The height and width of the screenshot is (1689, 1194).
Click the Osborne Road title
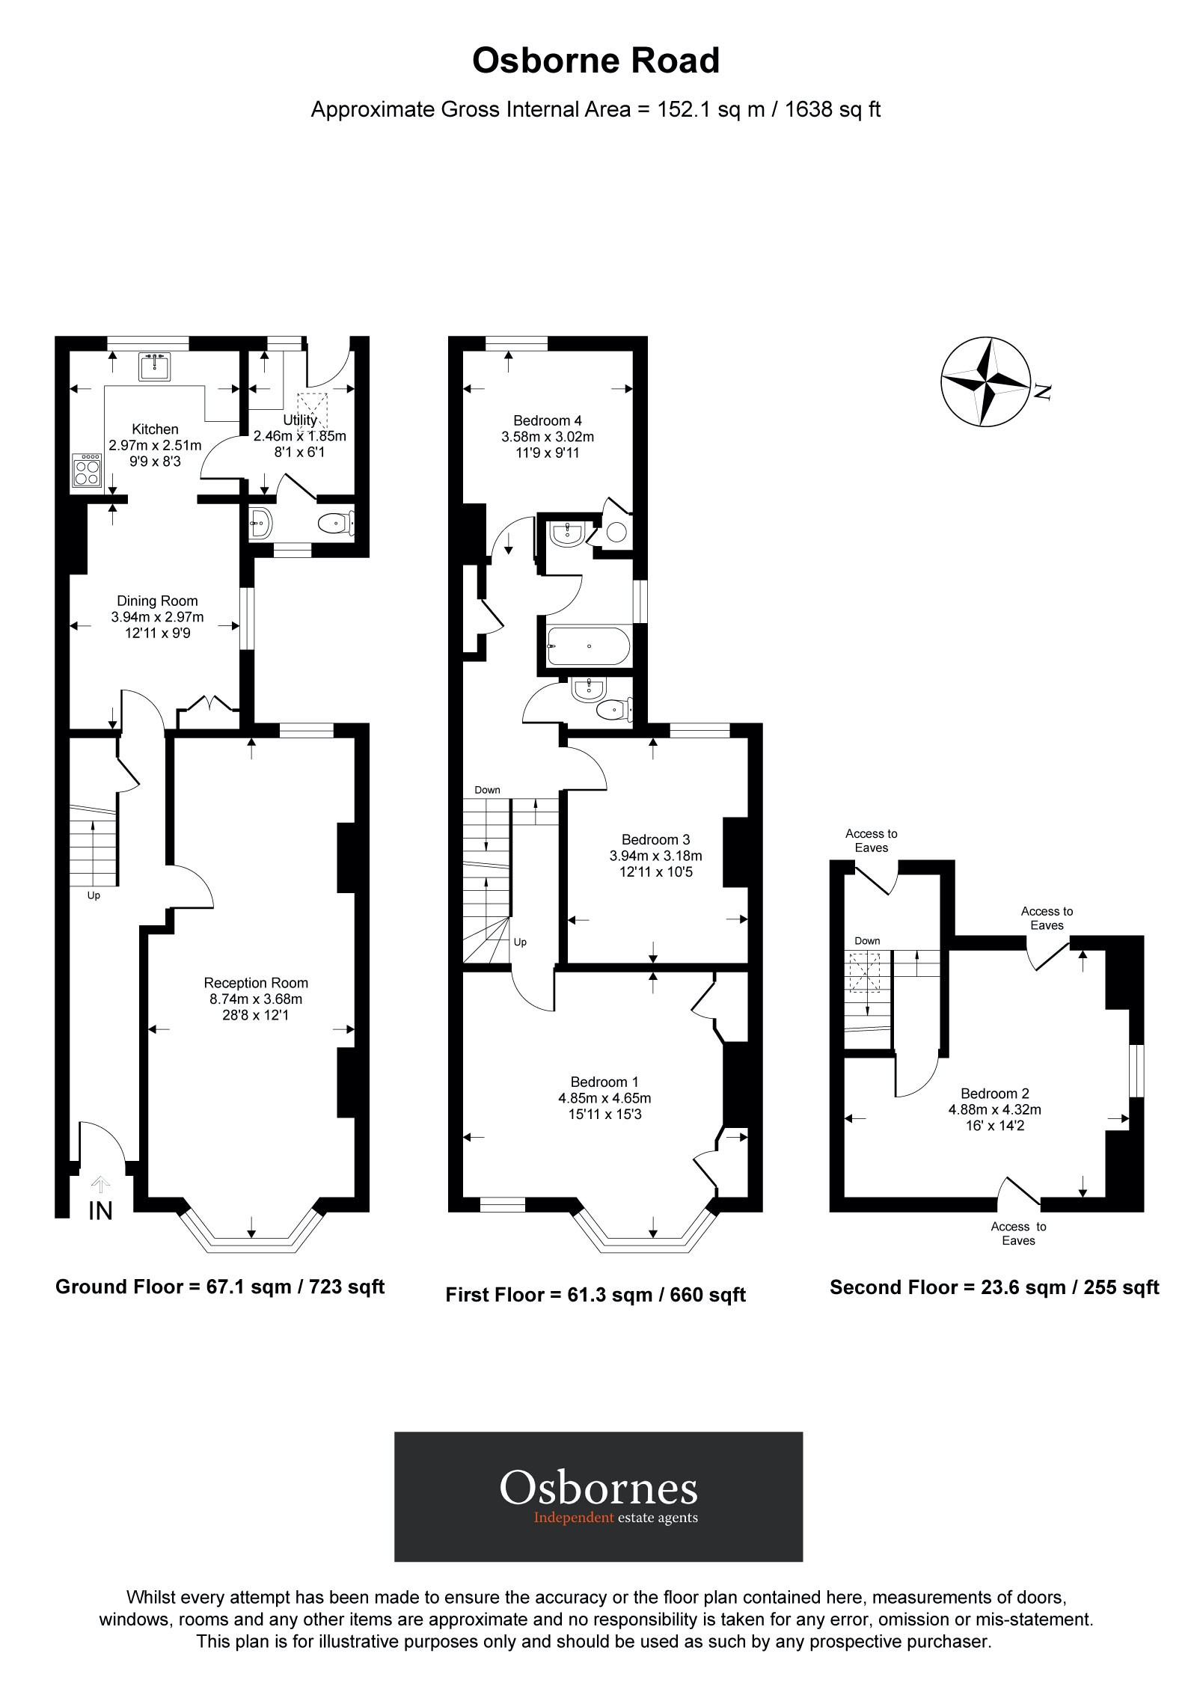[x=596, y=61]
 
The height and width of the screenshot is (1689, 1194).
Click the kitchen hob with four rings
[x=87, y=471]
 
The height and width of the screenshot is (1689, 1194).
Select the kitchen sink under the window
[x=155, y=366]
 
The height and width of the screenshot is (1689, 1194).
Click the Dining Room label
[x=157, y=601]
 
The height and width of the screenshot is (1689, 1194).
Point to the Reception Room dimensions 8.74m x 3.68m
[x=256, y=999]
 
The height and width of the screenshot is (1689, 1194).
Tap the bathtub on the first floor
[x=589, y=646]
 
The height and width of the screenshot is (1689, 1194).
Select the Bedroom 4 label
[x=548, y=420]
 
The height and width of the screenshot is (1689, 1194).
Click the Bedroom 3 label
[x=655, y=839]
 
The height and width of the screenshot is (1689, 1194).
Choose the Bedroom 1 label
[x=604, y=1082]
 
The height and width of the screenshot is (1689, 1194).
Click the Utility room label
[x=300, y=420]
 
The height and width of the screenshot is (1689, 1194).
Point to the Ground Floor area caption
[x=220, y=1287]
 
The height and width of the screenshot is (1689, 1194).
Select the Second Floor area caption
[x=994, y=1287]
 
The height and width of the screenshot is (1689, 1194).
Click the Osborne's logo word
[x=598, y=1488]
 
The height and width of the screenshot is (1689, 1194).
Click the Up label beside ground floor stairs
[x=94, y=895]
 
